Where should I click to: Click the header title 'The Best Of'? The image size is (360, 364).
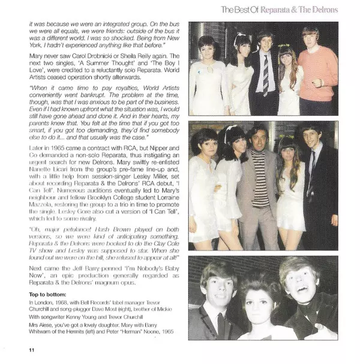click(242, 10)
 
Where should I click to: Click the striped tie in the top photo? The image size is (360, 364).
click(265, 74)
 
